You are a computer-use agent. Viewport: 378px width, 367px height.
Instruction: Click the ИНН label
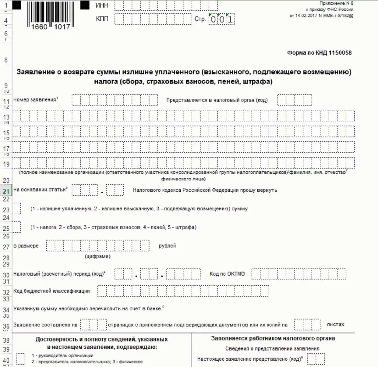(102, 5)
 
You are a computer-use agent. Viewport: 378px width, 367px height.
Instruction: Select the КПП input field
(153, 19)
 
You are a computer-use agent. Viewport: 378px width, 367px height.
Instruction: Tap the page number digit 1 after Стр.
(230, 20)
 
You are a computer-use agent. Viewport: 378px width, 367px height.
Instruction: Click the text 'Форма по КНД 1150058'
(319, 53)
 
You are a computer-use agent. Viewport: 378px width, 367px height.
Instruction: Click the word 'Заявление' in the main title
(35, 72)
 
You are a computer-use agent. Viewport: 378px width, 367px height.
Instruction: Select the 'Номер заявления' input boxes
(115, 100)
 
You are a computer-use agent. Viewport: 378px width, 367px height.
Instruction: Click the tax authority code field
(294, 100)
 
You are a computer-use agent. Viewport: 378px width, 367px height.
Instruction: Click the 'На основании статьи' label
(40, 190)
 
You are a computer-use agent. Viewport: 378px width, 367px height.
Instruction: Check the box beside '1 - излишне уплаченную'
(17, 208)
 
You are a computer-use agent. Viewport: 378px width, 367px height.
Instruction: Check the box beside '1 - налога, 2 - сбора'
(17, 227)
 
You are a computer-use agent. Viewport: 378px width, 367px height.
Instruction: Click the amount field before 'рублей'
(97, 246)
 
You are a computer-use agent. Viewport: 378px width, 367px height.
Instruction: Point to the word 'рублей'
(167, 246)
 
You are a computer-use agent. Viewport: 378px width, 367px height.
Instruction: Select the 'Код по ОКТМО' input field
(298, 274)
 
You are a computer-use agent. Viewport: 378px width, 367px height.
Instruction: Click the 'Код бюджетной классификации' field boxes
(183, 291)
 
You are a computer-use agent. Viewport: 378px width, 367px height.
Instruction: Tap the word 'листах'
(335, 324)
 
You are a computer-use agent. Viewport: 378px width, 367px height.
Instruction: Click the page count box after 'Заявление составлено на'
(93, 325)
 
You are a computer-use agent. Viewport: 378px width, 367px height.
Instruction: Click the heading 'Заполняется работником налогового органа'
(273, 338)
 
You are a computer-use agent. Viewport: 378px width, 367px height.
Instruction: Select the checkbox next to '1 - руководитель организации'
(21, 359)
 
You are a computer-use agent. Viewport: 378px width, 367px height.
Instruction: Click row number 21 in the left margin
(6, 191)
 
